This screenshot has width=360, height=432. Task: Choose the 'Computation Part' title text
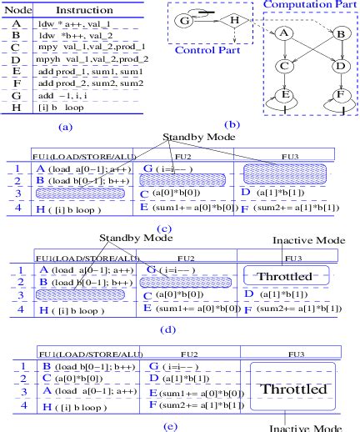(310, 6)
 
